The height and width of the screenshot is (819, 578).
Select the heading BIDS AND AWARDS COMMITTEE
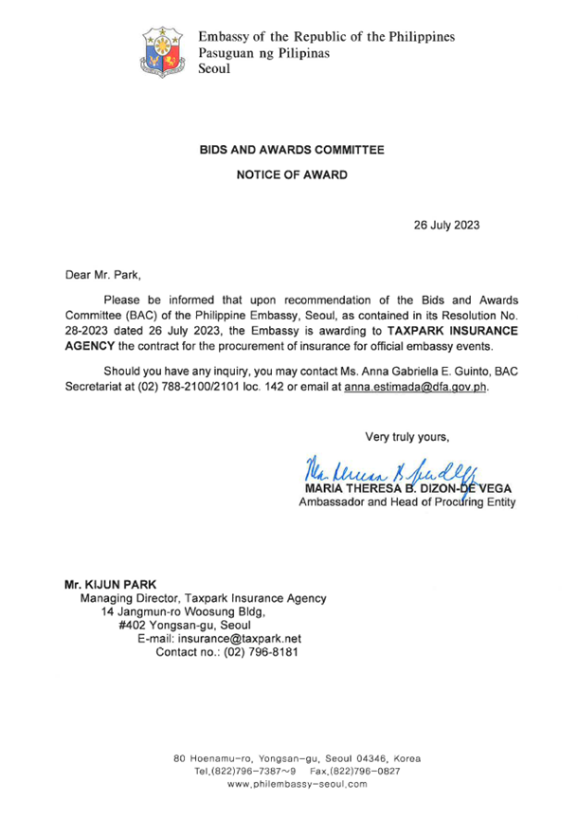[x=291, y=150]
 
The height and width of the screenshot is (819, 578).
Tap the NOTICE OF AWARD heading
[x=291, y=175]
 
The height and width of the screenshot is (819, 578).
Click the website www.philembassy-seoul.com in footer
[x=298, y=786]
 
